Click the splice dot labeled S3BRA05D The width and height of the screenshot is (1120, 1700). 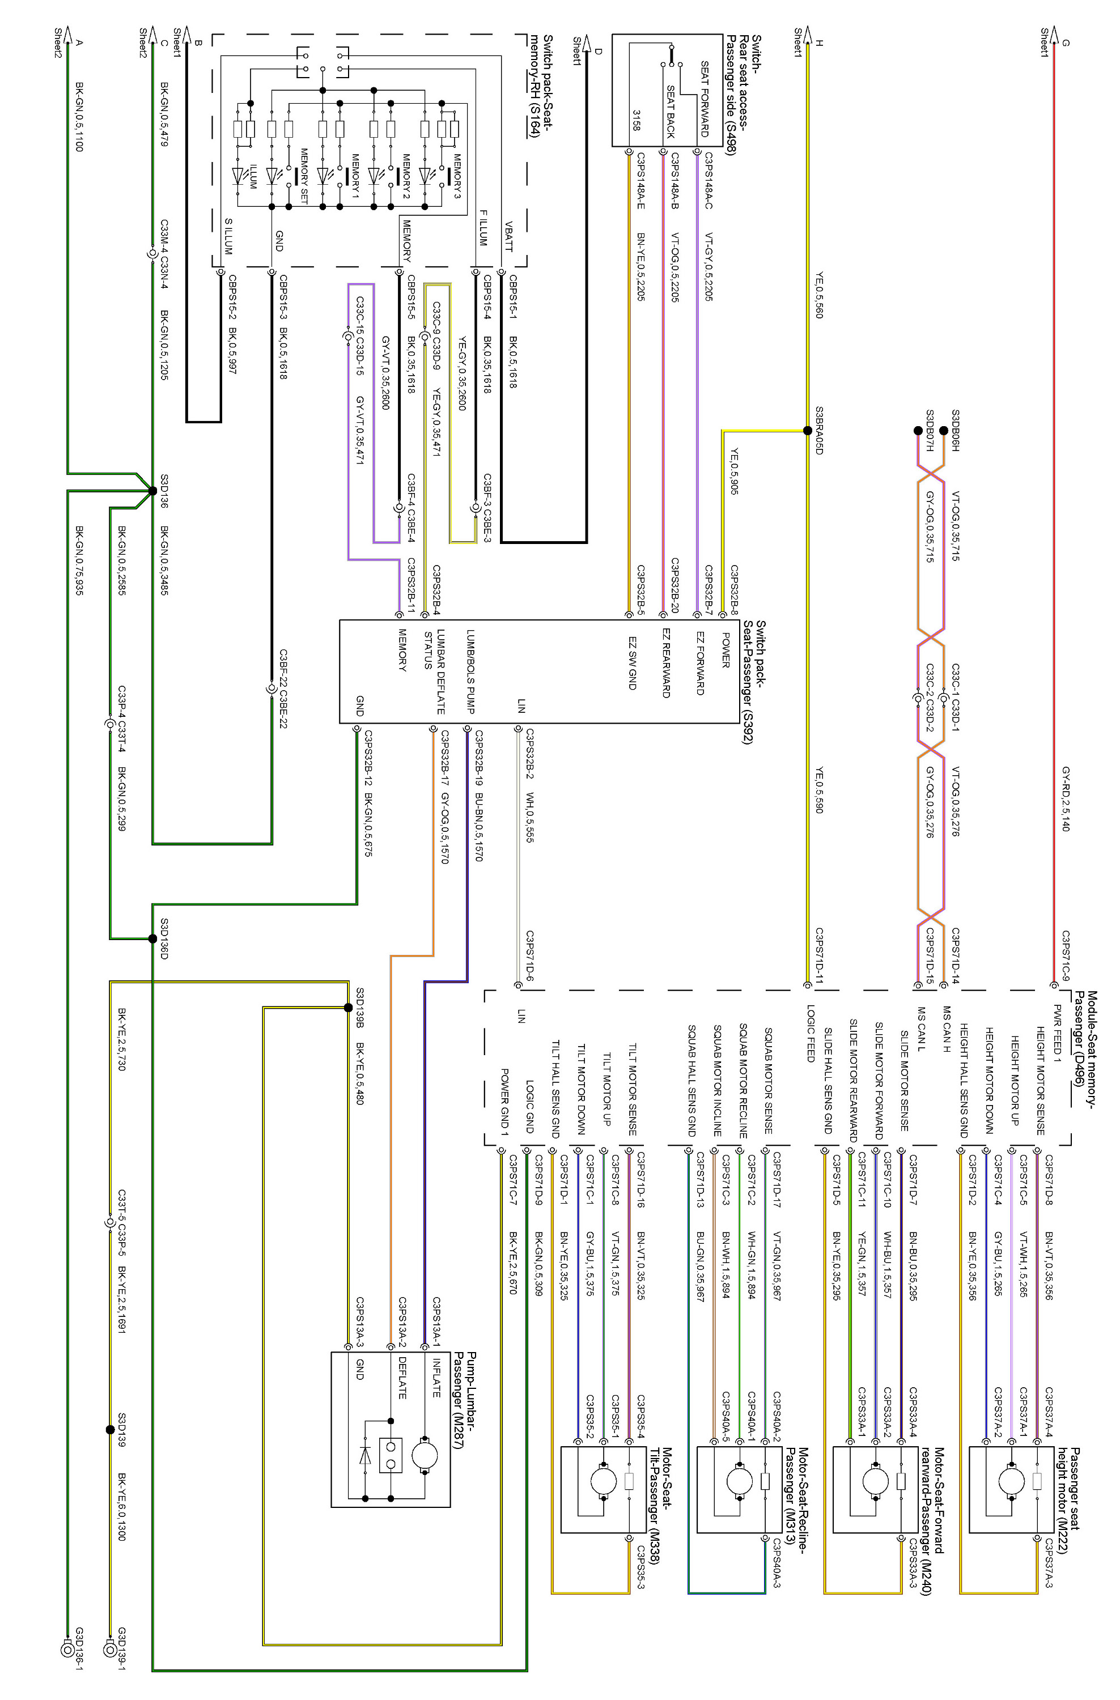pos(807,431)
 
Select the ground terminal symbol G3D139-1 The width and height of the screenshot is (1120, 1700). pos(109,1650)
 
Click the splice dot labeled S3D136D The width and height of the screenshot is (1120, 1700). pos(152,938)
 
